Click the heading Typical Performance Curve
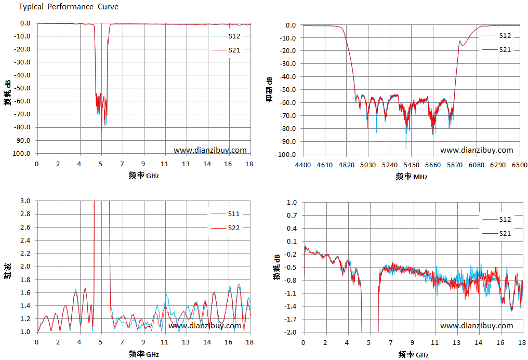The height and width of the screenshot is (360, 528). [69, 7]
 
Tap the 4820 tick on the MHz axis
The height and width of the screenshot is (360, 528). [346, 165]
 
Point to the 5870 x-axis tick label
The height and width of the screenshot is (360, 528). [455, 165]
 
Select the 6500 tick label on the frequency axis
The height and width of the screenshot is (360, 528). [520, 165]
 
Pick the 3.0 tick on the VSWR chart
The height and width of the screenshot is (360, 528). [25, 201]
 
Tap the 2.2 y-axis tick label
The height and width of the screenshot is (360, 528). [25, 254]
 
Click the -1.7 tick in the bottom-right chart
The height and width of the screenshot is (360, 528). [291, 319]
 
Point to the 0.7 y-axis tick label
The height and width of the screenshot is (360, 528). [292, 216]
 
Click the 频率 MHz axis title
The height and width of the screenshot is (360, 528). [412, 176]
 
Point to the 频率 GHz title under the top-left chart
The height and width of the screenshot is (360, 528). [144, 175]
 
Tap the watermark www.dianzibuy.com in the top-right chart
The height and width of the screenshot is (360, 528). [477, 150]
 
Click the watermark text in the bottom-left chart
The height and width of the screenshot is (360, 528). [205, 326]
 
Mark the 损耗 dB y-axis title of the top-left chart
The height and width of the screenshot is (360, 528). [8, 92]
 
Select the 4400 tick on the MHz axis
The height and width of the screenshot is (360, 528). [303, 165]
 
